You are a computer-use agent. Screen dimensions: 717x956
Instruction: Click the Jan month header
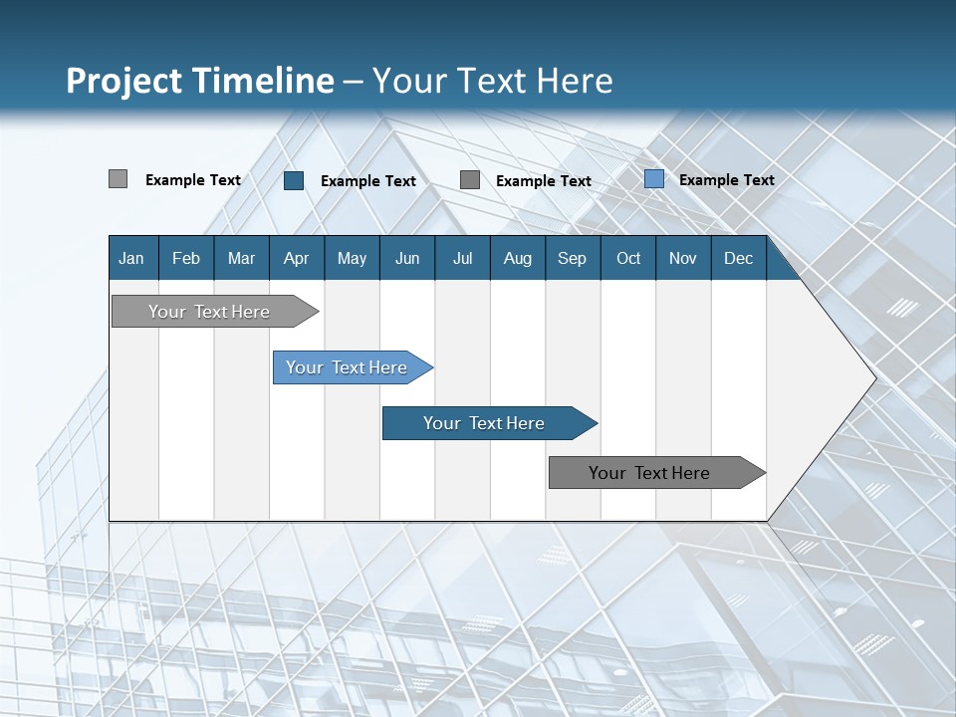(132, 258)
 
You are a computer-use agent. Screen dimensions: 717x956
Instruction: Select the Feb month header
(186, 258)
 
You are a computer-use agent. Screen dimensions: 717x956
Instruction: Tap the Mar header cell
(241, 258)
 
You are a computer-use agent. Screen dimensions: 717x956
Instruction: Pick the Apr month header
(297, 258)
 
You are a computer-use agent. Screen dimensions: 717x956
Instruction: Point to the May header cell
(352, 258)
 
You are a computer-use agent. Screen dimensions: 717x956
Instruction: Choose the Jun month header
(407, 258)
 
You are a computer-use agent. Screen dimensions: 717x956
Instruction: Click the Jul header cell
(462, 258)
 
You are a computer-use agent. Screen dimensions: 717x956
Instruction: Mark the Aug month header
(518, 258)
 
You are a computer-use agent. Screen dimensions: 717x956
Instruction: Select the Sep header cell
(573, 258)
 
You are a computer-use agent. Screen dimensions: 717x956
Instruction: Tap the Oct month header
(628, 258)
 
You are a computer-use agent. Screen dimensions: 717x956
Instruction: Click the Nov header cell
(683, 258)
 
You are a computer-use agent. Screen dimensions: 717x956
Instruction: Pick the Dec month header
(739, 258)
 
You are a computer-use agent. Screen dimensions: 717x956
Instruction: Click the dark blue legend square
(294, 180)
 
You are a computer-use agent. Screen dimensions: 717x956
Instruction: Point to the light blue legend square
(654, 179)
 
